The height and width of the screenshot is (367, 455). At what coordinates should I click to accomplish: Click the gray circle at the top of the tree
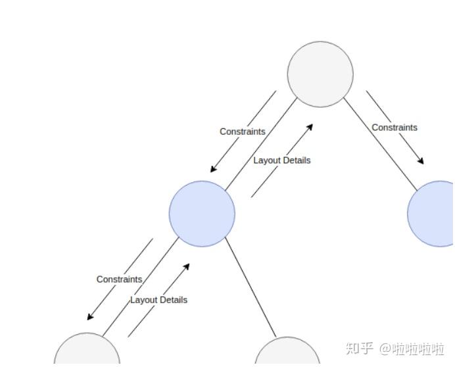coord(320,74)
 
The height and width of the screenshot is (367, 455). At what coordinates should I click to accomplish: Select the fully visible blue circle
coord(202,214)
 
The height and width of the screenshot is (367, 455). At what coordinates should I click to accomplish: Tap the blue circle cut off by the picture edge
coord(431,214)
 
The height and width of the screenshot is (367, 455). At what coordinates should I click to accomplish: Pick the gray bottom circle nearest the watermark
coord(287,351)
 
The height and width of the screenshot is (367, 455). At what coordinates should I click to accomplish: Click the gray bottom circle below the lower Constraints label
coord(87,349)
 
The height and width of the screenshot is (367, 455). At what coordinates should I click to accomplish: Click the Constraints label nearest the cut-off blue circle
coord(395,128)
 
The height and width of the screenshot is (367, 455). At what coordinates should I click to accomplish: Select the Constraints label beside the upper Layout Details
coord(243,132)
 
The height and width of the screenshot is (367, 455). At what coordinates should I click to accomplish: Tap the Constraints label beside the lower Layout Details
coord(119,280)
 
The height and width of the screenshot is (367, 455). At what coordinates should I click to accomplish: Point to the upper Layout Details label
coord(282,160)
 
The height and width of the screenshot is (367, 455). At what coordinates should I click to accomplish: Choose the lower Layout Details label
coord(158,300)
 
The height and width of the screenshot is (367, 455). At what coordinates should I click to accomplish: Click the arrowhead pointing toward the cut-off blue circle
coord(420,160)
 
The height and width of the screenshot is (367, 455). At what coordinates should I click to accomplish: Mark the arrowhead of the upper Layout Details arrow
coord(310,127)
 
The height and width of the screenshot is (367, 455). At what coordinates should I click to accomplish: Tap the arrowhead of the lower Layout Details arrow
coord(186,267)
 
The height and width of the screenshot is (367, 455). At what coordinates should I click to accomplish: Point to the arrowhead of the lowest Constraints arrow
coord(90,317)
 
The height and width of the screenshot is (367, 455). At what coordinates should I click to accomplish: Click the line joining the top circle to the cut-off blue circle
coord(381,144)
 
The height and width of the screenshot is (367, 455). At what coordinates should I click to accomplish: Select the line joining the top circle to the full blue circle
coord(262,144)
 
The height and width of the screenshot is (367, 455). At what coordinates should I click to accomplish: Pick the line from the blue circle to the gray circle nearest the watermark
coord(251,287)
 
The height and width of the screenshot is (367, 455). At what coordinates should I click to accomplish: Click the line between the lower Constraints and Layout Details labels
coord(141,287)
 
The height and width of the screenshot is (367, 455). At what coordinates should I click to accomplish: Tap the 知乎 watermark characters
coord(359,349)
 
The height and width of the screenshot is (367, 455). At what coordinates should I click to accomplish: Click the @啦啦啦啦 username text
coord(412,349)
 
